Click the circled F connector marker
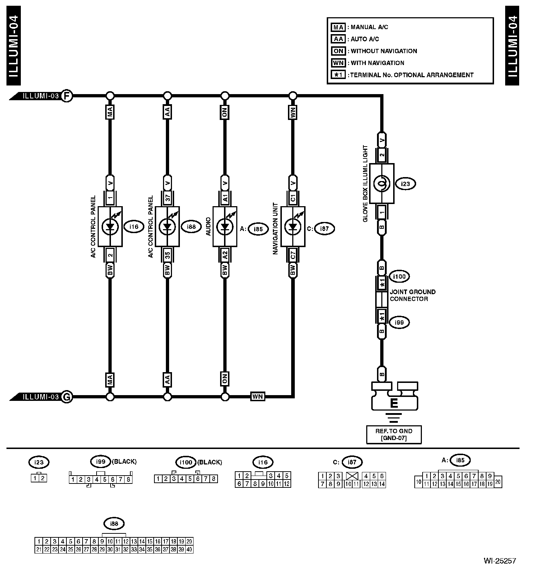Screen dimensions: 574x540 point(66,96)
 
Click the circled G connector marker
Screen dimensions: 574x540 point(66,397)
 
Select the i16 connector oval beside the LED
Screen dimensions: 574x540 point(134,227)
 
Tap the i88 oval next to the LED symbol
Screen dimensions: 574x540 point(191,227)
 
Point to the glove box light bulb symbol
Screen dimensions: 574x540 point(382,184)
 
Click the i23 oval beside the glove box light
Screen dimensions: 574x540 point(405,184)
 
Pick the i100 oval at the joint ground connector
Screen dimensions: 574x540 point(399,277)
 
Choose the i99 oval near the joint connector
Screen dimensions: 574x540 point(399,323)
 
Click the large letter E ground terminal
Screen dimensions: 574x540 point(394,403)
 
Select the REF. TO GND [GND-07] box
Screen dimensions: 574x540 point(394,435)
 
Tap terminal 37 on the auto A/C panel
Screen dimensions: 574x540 point(167,198)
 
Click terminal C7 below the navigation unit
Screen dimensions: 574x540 point(293,255)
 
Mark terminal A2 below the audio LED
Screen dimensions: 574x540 point(225,255)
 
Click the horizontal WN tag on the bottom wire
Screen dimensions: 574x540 point(257,397)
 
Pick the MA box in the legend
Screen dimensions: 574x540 point(338,27)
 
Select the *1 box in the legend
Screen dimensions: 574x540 point(338,75)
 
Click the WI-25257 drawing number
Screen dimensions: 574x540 point(499,561)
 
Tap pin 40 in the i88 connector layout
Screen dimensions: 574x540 point(189,549)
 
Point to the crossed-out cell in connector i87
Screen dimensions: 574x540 point(352,476)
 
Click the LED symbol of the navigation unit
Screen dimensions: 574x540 point(293,227)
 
